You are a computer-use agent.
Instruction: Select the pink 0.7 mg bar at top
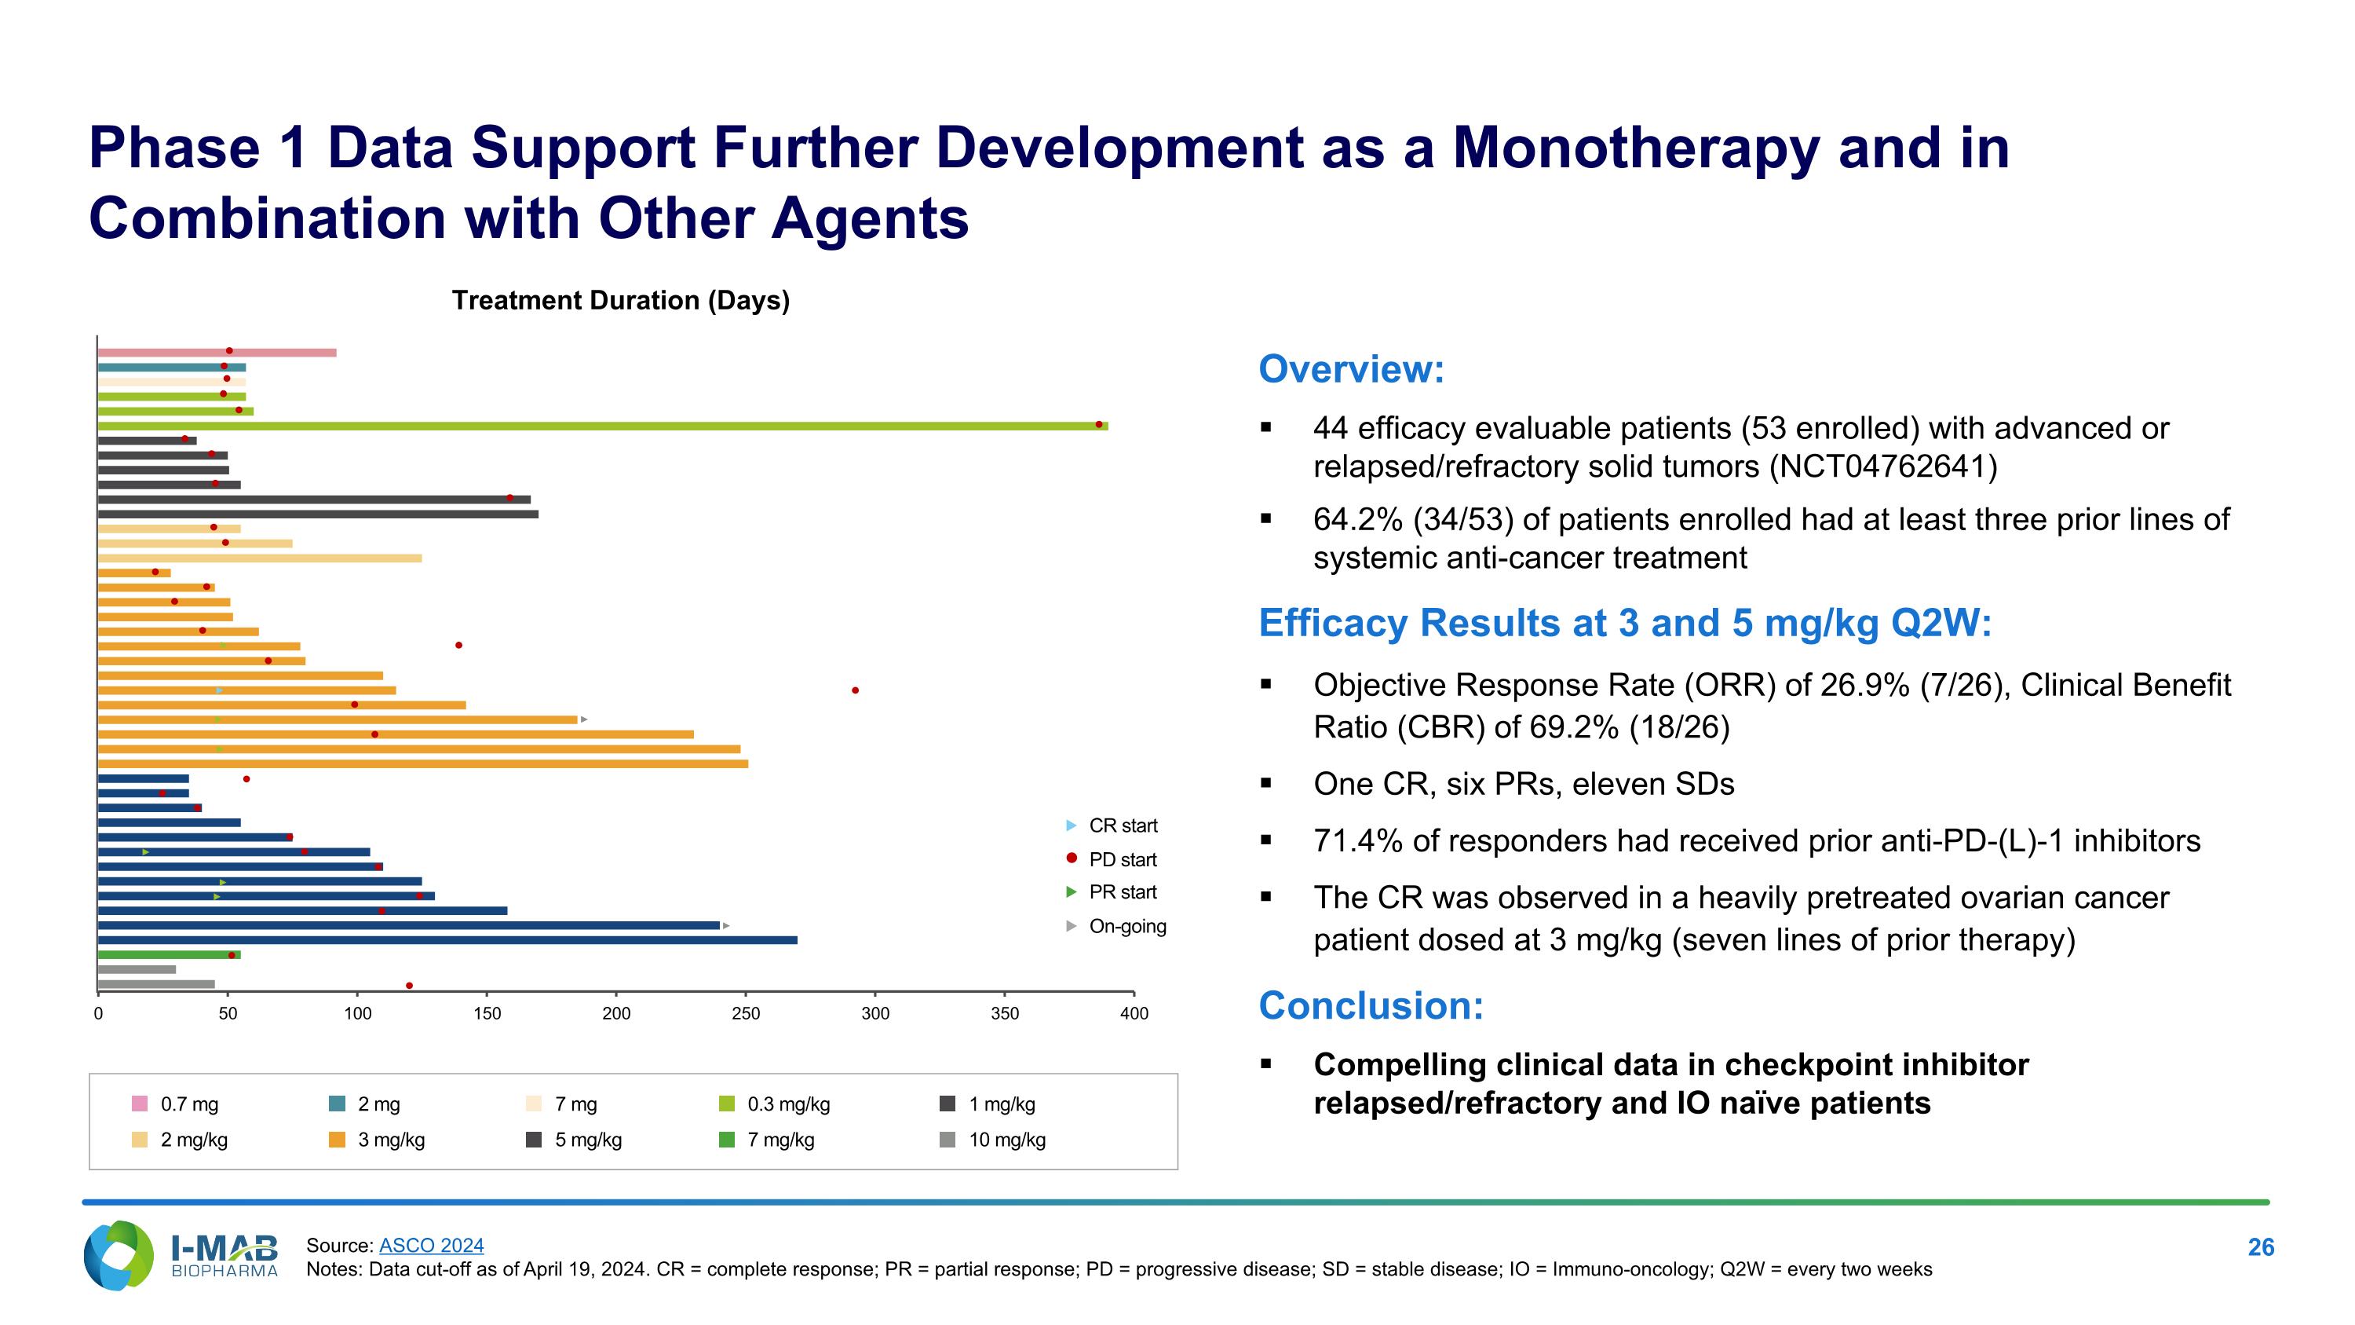[217, 353]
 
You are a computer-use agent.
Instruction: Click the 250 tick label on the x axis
[746, 1013]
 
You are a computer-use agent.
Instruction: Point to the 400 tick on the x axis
[1134, 1013]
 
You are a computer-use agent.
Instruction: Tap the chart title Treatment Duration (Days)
[621, 301]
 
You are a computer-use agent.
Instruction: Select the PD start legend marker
[1072, 858]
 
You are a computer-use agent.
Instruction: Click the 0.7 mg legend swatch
[140, 1104]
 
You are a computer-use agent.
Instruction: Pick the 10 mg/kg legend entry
[1006, 1140]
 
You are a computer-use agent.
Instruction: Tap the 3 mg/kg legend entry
[390, 1140]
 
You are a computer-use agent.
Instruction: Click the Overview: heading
[1351, 369]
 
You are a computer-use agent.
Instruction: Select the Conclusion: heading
[1371, 1006]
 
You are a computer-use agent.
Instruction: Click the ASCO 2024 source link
[432, 1246]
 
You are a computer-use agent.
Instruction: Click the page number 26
[2260, 1247]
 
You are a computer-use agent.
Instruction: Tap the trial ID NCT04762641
[1882, 467]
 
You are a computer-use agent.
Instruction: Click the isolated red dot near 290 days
[855, 690]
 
